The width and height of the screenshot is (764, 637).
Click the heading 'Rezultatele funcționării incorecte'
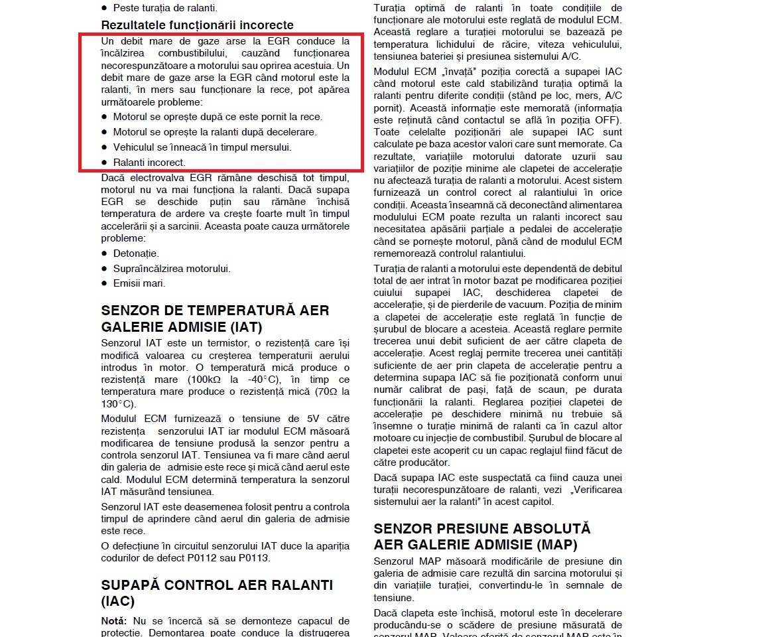click(197, 25)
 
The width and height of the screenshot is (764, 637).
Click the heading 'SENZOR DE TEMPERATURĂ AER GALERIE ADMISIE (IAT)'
click(215, 318)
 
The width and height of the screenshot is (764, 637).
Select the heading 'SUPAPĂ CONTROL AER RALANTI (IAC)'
click(217, 593)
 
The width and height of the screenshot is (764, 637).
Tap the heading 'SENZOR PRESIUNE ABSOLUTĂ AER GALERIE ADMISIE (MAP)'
click(482, 537)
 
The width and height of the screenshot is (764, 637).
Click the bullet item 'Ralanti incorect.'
click(149, 162)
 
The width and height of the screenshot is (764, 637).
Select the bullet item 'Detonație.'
click(136, 253)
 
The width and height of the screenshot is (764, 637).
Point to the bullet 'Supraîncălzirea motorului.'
click(172, 269)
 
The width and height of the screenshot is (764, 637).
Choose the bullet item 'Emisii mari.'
click(139, 283)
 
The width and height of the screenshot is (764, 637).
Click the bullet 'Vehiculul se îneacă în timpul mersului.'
click(202, 147)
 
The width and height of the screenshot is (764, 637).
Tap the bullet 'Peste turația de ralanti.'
click(165, 8)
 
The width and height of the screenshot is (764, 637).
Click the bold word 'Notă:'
click(113, 621)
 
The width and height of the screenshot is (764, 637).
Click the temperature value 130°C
click(119, 404)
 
